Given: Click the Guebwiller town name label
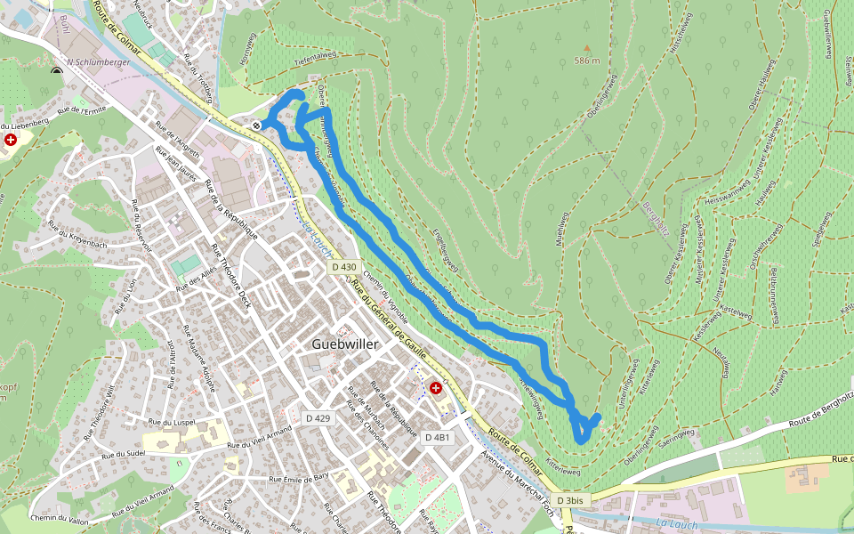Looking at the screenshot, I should point(345,344).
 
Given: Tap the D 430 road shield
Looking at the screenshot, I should point(343,267).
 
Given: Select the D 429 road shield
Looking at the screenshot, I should point(318,418).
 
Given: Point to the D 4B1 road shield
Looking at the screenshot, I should point(438,438).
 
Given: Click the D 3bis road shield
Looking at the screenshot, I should point(570,501).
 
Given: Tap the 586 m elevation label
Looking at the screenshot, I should point(587,61).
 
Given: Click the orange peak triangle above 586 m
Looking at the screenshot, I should point(586,48).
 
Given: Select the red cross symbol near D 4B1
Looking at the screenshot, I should point(436,388).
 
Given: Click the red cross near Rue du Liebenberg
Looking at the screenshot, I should point(10,141).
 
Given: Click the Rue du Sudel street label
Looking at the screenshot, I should point(124,452).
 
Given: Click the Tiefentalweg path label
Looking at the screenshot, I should point(315,55).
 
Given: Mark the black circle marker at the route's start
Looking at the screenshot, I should point(256,125).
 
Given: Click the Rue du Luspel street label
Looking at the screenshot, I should point(173,422).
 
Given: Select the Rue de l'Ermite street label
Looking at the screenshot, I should point(81,111).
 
